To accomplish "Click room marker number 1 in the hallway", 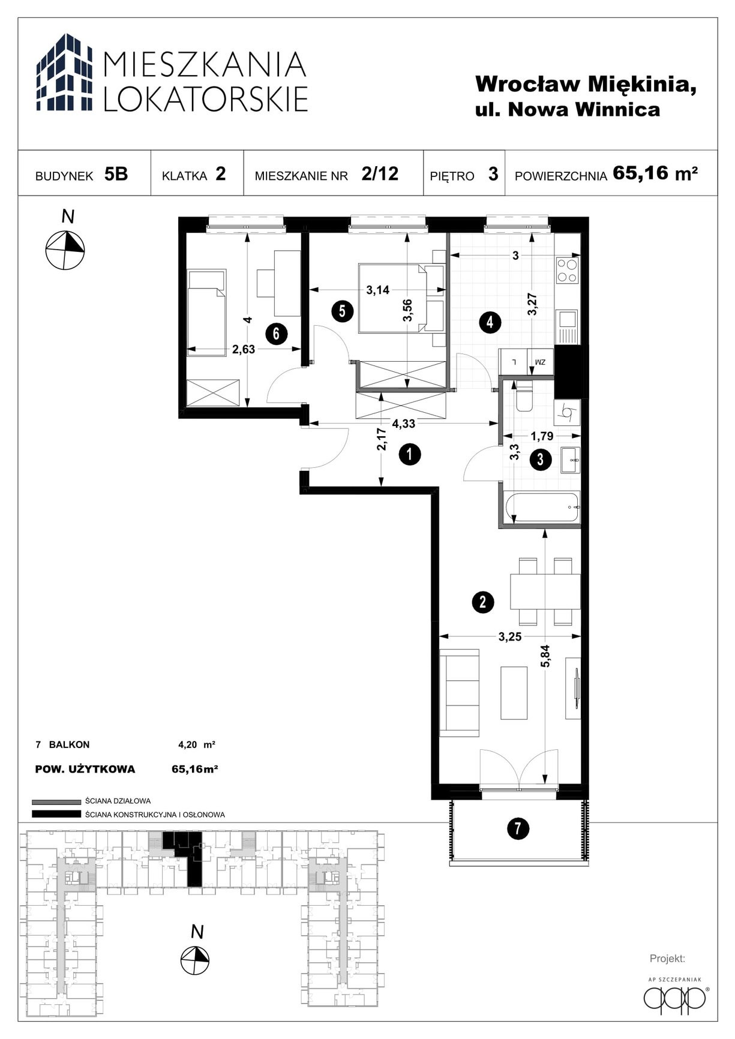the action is [410, 455].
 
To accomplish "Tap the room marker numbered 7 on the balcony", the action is [518, 829].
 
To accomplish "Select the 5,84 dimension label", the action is [545, 656].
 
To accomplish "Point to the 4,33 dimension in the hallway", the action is [404, 424].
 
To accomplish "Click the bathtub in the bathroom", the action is [542, 508].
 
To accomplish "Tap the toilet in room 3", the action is [524, 397].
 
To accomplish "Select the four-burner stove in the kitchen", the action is [567, 270].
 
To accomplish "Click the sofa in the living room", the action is [460, 692].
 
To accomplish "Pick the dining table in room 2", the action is [545, 591].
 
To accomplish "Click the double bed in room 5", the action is [401, 298].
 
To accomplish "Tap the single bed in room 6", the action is [207, 312].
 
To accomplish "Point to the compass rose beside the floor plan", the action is [65, 250].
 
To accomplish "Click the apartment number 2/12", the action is [380, 173].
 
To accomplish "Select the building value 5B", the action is [116, 174].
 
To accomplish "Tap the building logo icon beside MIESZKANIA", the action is [65, 73].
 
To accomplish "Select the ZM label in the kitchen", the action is [541, 362].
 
